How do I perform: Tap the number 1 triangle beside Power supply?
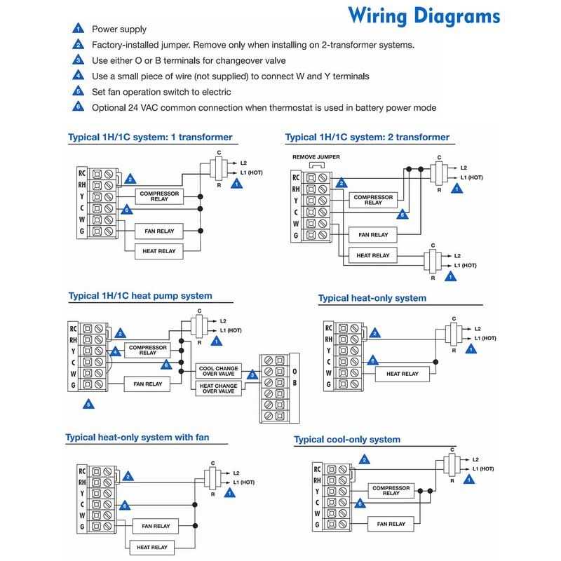click(77, 30)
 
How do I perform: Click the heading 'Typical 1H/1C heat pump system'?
click(140, 296)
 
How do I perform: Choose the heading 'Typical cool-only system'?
click(348, 440)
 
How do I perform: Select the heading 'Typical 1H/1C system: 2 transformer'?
click(367, 137)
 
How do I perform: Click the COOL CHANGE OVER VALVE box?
click(219, 371)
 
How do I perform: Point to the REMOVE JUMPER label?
click(316, 157)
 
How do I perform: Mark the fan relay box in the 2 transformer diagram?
click(373, 235)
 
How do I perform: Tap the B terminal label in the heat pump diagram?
click(295, 384)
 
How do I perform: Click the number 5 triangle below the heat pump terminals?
click(88, 405)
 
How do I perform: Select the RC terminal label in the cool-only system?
click(318, 468)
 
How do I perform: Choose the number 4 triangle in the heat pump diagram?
click(115, 350)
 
